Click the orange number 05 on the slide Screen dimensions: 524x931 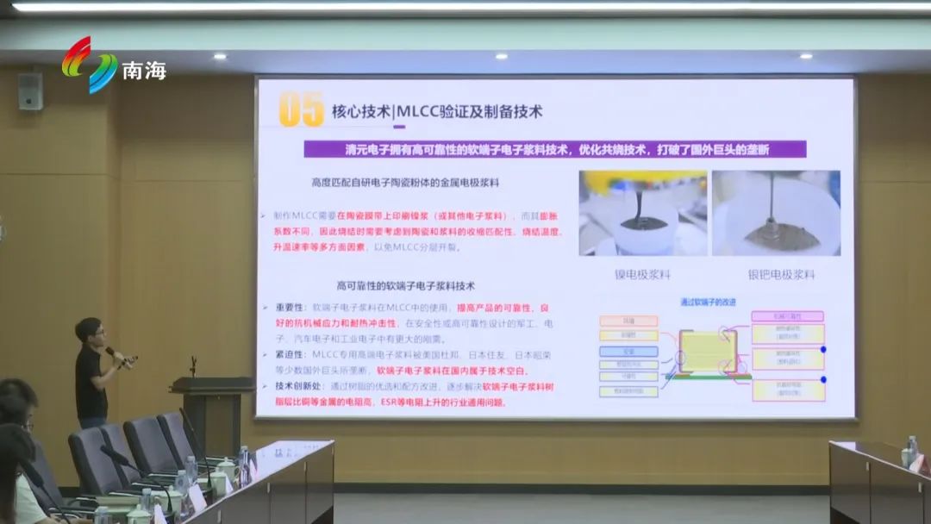(301, 109)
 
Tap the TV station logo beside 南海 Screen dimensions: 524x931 (89, 65)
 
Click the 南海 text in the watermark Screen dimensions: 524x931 (144, 71)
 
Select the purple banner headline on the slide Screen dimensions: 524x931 (556, 149)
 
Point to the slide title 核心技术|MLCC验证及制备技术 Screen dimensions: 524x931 (437, 112)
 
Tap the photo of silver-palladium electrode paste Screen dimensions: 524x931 (776, 213)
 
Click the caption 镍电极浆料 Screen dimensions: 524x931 (641, 275)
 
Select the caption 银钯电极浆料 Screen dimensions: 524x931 (781, 275)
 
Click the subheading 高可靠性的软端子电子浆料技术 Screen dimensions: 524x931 (405, 285)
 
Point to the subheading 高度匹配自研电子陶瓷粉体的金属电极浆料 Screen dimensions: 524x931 (405, 183)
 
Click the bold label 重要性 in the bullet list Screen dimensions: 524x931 (289, 307)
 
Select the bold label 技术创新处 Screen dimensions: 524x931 (294, 387)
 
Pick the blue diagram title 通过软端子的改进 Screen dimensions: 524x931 (708, 303)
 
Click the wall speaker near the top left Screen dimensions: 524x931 (29, 90)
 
